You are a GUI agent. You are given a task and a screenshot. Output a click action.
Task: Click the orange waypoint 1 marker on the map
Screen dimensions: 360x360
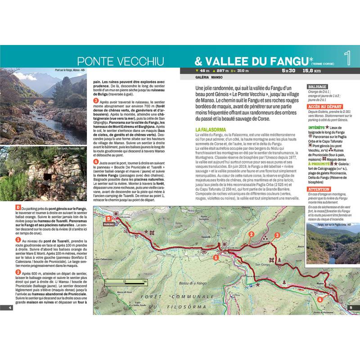[x=216, y=257]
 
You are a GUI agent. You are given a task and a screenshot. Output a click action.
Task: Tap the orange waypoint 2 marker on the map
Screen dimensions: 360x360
[x=252, y=234]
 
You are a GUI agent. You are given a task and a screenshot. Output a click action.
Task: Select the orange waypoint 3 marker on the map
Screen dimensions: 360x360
[x=277, y=235]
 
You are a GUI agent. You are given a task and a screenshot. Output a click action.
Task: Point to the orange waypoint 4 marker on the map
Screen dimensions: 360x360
[x=320, y=299]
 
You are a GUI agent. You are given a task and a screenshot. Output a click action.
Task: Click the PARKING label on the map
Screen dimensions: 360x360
[x=108, y=224]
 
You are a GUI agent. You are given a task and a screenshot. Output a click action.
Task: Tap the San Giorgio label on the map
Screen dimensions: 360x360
[x=262, y=264]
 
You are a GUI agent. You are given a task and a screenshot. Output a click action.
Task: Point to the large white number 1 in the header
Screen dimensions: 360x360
[x=347, y=58]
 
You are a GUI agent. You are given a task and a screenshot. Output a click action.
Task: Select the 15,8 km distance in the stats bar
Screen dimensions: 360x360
[x=311, y=71]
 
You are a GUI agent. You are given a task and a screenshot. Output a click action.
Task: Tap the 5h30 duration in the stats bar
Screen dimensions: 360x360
[x=288, y=71]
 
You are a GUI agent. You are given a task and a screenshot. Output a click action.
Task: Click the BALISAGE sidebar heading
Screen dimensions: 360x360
[x=316, y=86]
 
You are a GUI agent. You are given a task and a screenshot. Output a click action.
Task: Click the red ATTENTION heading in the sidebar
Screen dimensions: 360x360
[x=318, y=189]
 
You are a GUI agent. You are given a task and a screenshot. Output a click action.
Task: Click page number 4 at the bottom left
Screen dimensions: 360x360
[x=9, y=308]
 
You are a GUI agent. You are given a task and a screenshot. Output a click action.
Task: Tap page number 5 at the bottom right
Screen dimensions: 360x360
[x=351, y=308]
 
